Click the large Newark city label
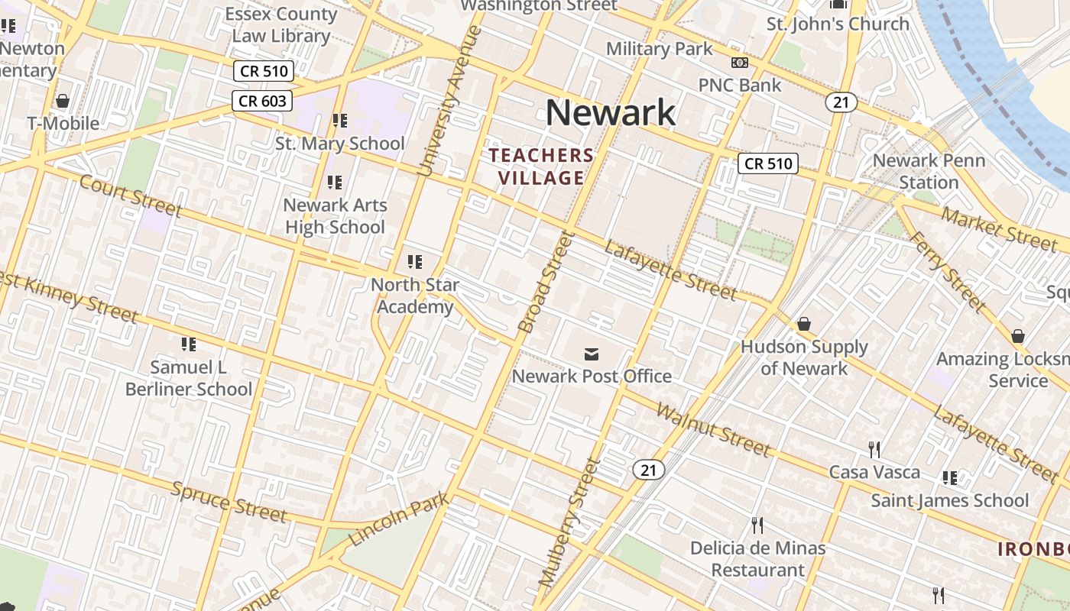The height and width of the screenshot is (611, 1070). pos(610,113)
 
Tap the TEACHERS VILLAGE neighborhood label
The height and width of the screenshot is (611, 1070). pos(541,166)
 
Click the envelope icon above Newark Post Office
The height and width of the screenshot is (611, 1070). pos(591,354)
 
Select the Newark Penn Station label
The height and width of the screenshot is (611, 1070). pos(929,171)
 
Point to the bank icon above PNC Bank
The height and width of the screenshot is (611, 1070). pos(739,63)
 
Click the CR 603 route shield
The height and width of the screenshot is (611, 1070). pos(262,100)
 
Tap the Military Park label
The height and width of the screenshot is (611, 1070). pos(659,49)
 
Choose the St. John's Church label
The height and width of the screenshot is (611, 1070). pos(838,24)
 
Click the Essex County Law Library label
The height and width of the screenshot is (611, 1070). pos(281,24)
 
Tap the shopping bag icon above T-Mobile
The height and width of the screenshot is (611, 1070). pos(63,101)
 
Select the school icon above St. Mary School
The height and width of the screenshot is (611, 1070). pos(339,121)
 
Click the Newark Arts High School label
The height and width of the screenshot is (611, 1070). pos(335,216)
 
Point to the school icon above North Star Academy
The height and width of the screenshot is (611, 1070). pos(415,263)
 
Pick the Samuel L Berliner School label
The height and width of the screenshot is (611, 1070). pos(188,378)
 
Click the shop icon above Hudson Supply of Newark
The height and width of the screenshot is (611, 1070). pos(803,325)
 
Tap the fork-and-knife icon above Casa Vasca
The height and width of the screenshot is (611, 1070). pos(874,449)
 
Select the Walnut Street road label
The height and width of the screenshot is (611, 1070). pos(713,430)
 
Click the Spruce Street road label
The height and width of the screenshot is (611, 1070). pos(229,501)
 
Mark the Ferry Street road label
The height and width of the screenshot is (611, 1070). pos(948,270)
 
